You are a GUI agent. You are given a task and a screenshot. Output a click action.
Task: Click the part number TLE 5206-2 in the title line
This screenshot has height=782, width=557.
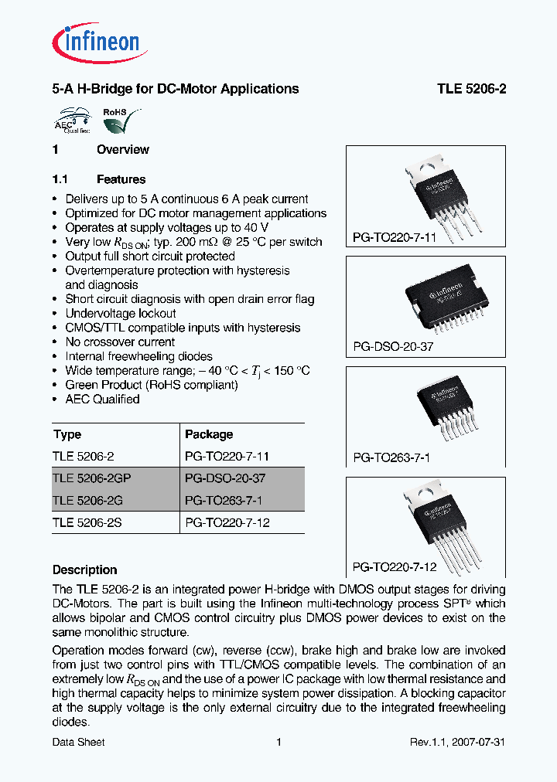tap(471, 89)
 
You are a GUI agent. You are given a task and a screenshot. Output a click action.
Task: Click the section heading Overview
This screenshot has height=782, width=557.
tap(122, 150)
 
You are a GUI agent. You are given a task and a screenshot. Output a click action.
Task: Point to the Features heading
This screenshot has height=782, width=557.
tap(121, 179)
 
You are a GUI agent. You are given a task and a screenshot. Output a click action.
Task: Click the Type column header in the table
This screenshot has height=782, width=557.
tap(67, 434)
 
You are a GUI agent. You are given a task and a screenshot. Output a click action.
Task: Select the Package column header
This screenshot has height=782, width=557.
tap(209, 434)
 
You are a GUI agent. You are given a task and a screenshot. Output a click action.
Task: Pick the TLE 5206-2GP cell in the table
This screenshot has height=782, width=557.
tap(87, 478)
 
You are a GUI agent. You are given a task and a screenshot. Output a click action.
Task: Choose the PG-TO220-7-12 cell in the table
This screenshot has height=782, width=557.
tap(227, 522)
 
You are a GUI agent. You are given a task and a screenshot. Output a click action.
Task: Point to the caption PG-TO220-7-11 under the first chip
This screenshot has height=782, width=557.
tap(395, 238)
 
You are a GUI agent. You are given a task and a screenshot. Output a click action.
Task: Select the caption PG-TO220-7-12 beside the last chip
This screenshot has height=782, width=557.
tap(395, 567)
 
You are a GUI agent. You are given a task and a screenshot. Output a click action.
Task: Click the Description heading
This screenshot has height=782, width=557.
tap(84, 570)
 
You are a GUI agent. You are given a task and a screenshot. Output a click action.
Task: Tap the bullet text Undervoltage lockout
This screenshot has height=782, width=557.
tap(121, 314)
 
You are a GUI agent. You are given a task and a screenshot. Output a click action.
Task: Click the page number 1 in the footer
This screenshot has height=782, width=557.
tap(278, 743)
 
